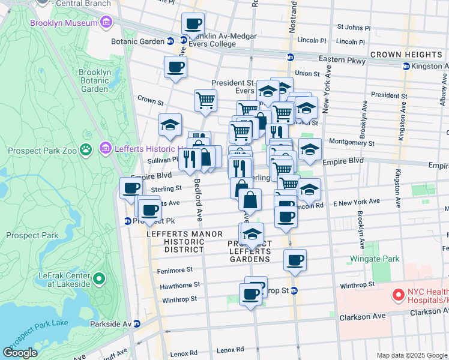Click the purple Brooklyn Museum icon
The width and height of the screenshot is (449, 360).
click(106, 23)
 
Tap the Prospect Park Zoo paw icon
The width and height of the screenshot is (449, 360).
click(87, 148)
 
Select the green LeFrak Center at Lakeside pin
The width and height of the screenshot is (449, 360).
click(99, 279)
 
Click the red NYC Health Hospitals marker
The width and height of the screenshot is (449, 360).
click(397, 295)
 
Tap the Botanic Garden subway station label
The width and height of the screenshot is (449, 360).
click(137, 41)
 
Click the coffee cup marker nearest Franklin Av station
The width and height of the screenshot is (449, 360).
click(193, 24)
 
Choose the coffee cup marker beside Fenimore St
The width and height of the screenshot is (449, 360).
click(295, 260)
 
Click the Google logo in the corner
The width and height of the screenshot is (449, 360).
click(21, 353)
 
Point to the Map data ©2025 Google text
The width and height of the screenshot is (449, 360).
click(411, 355)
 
